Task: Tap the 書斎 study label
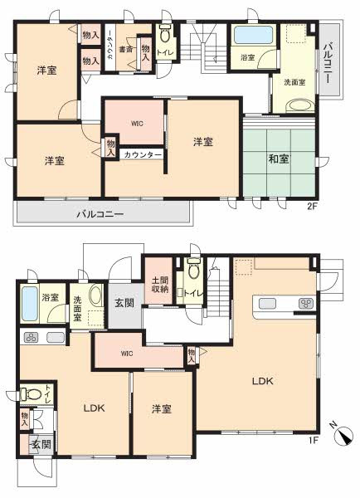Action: pos(125,50)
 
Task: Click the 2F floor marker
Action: pos(313,206)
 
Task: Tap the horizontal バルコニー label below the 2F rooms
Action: pos(101,214)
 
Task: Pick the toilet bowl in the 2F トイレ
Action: pos(163,37)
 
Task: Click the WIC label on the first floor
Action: pos(126,353)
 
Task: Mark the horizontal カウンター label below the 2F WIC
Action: pos(144,155)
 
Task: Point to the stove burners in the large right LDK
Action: pos(304,304)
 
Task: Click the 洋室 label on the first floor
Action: pos(161,409)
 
